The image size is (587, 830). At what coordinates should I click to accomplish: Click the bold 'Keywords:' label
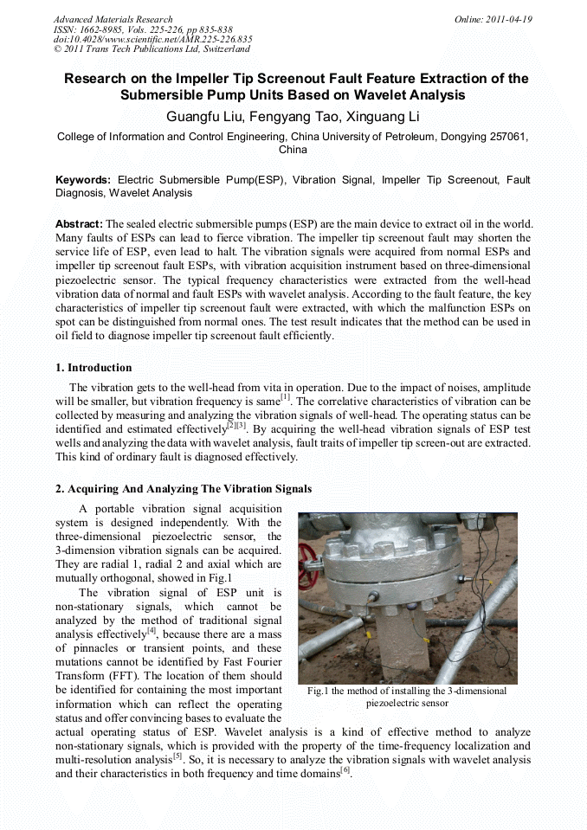click(x=83, y=180)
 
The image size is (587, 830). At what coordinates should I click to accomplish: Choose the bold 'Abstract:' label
click(x=80, y=223)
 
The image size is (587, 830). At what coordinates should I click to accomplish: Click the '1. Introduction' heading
click(x=94, y=368)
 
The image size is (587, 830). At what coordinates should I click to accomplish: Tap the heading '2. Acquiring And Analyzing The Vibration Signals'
click(x=184, y=489)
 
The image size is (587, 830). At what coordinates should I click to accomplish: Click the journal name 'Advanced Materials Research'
click(x=113, y=19)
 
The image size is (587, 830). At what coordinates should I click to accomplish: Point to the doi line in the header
click(x=152, y=39)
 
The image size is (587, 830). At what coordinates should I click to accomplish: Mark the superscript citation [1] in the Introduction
click(x=285, y=397)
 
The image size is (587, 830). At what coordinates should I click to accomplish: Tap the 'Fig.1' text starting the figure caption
click(x=320, y=691)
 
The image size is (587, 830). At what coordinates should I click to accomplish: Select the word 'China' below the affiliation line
click(x=293, y=150)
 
